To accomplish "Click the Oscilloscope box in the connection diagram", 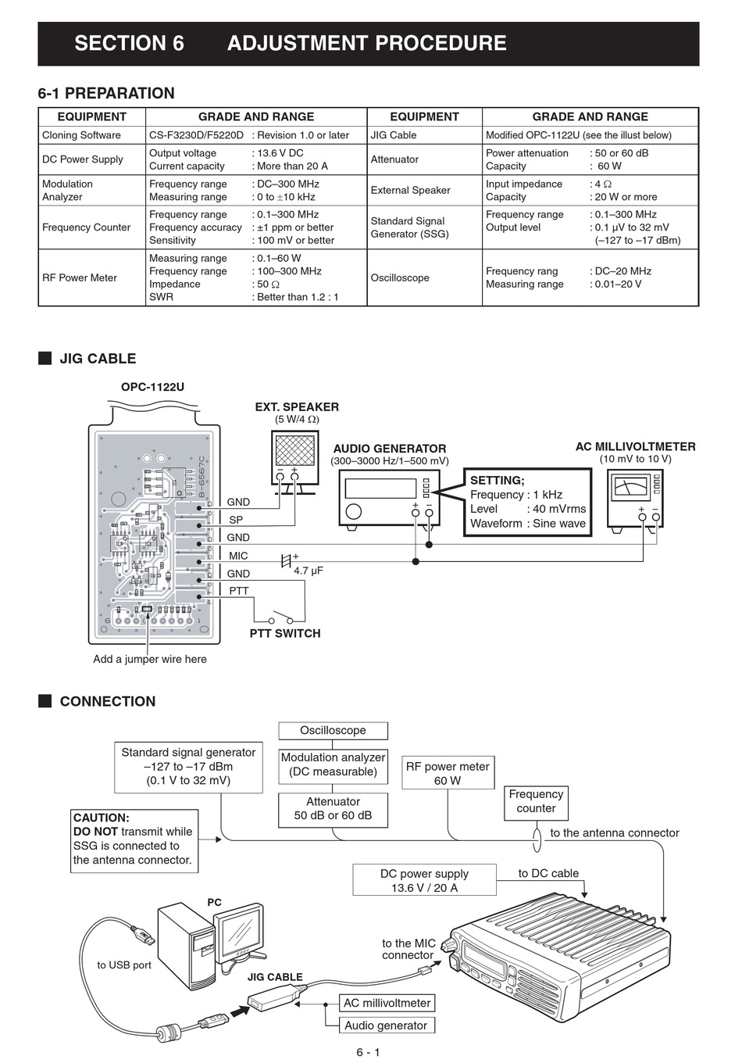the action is click(333, 730).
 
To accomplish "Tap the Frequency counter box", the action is click(536, 803).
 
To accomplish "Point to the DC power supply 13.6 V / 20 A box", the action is click(424, 880).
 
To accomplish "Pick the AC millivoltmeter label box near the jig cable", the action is click(387, 1002).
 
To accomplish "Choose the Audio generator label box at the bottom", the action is click(387, 1025).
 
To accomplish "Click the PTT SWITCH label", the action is click(285, 633).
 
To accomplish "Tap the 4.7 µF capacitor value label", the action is click(309, 571).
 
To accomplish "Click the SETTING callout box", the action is click(527, 502).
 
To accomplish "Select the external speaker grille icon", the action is click(295, 450).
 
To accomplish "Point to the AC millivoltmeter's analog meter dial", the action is click(630, 487).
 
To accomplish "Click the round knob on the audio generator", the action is click(354, 511).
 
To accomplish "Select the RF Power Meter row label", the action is click(80, 277).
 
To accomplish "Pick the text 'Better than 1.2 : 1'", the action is click(298, 297).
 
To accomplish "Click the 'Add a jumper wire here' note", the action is click(150, 659).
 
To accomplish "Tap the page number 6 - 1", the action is click(368, 1052).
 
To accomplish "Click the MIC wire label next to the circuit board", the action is click(238, 556).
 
